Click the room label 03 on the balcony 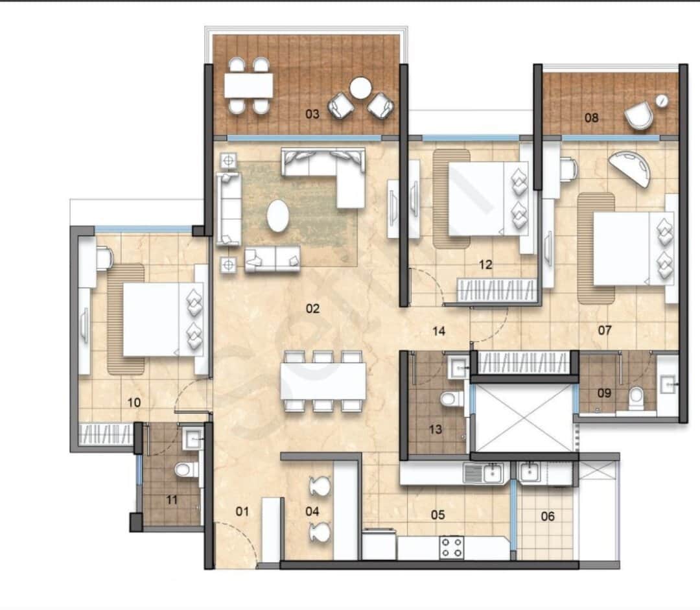point(312,114)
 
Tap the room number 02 point(312,309)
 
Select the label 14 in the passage point(439,331)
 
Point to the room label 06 point(547,516)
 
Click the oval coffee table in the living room point(277,216)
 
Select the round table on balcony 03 point(360,88)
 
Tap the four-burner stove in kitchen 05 point(451,548)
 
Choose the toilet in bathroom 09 point(636,396)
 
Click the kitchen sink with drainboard point(484,473)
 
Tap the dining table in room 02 point(323,381)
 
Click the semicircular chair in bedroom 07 point(630,169)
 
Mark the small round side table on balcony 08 point(662,101)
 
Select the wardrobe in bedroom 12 point(496,290)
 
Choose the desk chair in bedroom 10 point(104,257)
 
